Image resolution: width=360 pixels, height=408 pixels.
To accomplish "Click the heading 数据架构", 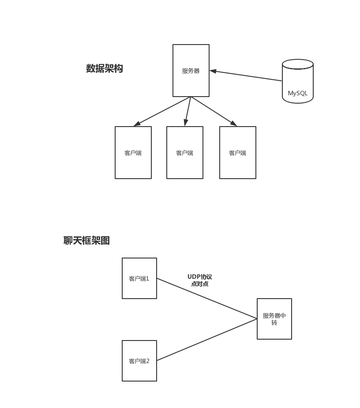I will [105, 69].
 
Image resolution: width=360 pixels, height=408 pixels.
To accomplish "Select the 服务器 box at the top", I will [191, 71].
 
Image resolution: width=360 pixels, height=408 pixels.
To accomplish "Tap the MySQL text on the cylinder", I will [297, 94].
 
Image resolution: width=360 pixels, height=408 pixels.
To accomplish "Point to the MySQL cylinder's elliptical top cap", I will [298, 64].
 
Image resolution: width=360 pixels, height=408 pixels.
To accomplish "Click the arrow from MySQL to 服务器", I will [246, 76].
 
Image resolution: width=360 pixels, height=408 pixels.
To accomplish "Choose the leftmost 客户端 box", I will [133, 153].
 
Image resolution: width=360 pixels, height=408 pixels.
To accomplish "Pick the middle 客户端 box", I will [184, 153].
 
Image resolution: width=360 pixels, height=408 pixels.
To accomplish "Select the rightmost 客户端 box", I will [237, 153].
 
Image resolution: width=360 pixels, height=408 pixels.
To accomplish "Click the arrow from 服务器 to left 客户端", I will [162, 112].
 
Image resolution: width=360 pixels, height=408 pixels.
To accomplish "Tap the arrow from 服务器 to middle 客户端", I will [188, 111].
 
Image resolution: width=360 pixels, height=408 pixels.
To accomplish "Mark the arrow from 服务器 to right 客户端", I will [214, 111].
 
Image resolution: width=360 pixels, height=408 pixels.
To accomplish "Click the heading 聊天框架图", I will [86, 241].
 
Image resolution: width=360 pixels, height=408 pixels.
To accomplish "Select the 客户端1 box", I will [139, 278].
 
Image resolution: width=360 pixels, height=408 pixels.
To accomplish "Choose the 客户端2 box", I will [139, 361].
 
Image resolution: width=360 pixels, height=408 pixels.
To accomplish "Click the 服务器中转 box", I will [274, 319].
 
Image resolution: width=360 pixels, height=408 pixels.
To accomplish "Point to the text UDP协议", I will [199, 277].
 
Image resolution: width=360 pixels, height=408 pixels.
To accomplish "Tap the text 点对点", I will [199, 284].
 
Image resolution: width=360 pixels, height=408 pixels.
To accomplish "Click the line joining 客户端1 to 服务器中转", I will [206, 298].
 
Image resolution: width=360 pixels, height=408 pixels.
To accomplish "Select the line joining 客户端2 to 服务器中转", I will [206, 340].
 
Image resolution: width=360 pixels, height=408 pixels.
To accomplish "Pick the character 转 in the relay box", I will [274, 323].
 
